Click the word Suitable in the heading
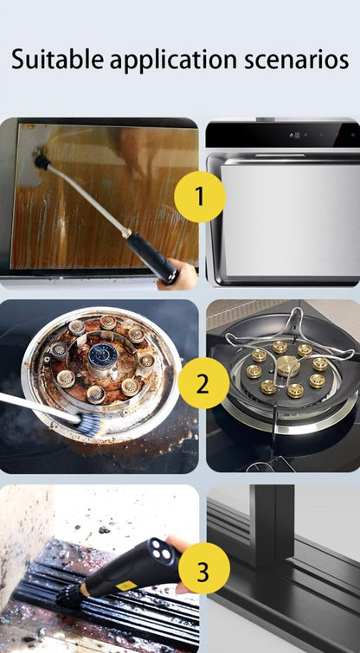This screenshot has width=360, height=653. point(57,59)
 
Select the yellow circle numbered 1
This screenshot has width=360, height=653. point(200,196)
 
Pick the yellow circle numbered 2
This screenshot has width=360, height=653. point(203,383)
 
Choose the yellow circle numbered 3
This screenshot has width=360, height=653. point(204,568)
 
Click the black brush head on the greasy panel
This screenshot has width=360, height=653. point(42,161)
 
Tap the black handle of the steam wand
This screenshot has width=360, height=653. point(151,257)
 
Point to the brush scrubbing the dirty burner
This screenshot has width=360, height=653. point(90,424)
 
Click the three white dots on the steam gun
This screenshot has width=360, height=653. point(162,550)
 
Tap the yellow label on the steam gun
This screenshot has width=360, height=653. point(126,586)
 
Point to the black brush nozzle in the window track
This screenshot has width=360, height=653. point(68,599)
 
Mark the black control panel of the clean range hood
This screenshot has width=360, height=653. point(283,135)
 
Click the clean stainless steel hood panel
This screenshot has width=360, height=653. point(291,220)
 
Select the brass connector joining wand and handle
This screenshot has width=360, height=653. point(126,233)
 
